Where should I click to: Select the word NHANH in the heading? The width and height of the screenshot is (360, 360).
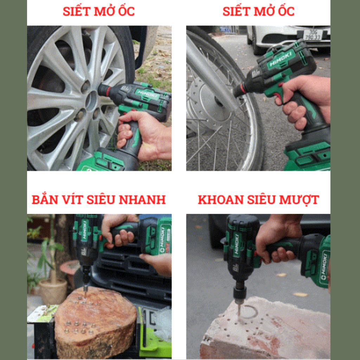(x=143, y=200)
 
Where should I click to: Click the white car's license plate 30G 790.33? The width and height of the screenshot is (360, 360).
(x=313, y=34)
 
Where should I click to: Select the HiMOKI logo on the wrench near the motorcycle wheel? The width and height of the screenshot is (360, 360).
(x=281, y=59)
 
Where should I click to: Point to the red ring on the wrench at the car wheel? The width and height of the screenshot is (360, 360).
(x=108, y=91)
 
